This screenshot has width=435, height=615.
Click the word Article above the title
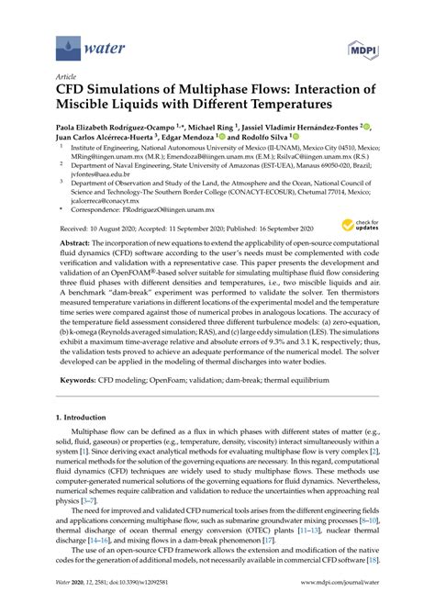(x=66, y=76)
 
